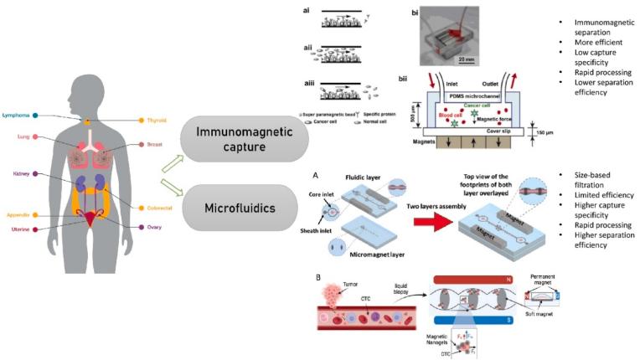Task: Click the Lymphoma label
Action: (x=17, y=115)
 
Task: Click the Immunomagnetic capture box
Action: (x=244, y=139)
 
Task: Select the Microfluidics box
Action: (x=244, y=206)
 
